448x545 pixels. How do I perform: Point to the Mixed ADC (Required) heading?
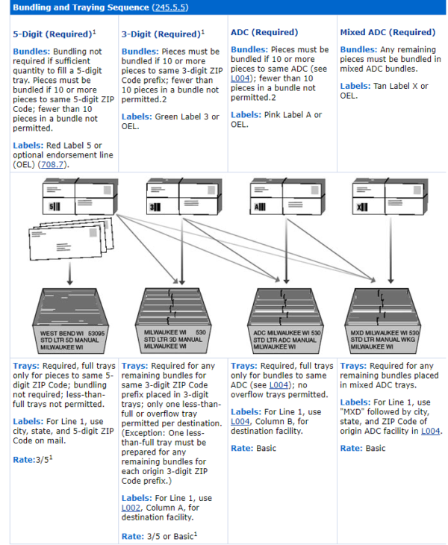(x=388, y=33)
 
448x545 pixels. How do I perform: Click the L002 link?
(x=131, y=508)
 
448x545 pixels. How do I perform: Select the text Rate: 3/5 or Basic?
(x=158, y=536)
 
